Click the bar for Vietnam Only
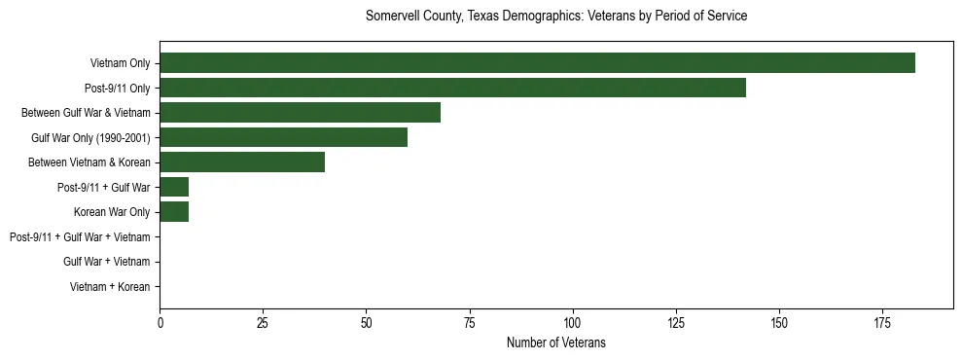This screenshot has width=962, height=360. pos(537,62)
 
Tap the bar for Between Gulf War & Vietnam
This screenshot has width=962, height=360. pos(300,112)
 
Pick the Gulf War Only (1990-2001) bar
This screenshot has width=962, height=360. pos(283,137)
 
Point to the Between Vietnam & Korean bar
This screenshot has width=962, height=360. pos(242,162)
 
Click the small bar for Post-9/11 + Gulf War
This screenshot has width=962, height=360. pos(174,187)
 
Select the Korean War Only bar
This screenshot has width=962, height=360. pos(174,211)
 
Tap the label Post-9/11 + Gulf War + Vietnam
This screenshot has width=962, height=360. pos(80,236)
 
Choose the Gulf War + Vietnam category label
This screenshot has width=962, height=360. pos(107,262)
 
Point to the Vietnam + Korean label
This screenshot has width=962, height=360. pos(110,287)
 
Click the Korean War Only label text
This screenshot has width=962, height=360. pos(112,212)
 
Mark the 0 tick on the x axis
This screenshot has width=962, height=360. pos(160,322)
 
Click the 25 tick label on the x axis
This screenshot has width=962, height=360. pos(263,322)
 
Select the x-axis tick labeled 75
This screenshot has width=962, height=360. pos(469,322)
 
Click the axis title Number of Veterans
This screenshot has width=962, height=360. pos(555,342)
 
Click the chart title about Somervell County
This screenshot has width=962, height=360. pos(555,17)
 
